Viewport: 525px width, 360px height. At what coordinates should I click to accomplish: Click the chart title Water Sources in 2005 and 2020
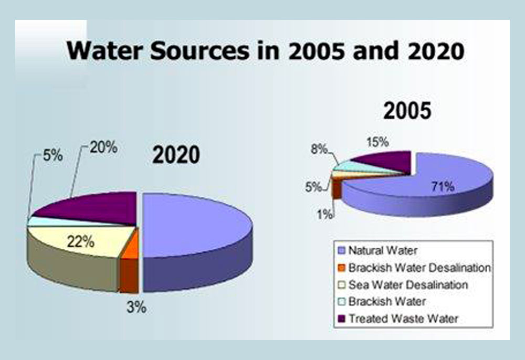tap(266, 52)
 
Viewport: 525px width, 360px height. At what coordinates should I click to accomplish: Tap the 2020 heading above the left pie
tap(176, 155)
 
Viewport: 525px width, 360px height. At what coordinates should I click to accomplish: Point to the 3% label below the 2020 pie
tap(135, 307)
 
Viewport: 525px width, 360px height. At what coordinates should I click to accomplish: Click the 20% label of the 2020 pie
tap(102, 147)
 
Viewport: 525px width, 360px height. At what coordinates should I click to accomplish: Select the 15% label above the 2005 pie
tap(377, 141)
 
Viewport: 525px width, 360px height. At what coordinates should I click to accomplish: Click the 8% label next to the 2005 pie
tap(318, 150)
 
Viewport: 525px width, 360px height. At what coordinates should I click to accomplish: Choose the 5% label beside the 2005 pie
tap(313, 186)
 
